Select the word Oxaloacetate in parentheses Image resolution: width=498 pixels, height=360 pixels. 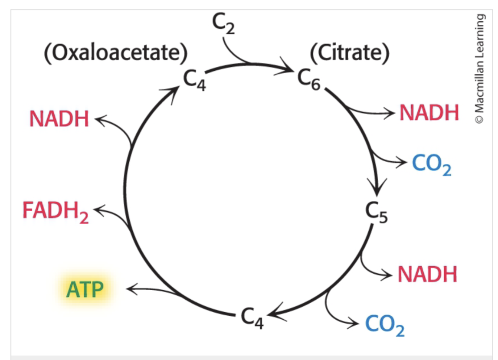pyautogui.click(x=116, y=53)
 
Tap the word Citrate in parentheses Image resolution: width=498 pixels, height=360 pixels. pyautogui.click(x=350, y=53)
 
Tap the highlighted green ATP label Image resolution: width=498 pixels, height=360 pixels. pyautogui.click(x=85, y=289)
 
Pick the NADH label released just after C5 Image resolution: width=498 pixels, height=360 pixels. pyautogui.click(x=427, y=274)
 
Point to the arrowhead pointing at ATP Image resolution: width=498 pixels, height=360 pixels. pyautogui.click(x=132, y=288)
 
